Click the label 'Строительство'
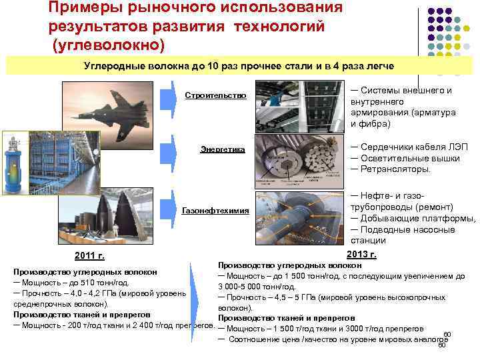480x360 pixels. (215, 95)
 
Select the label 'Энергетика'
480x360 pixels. (223, 149)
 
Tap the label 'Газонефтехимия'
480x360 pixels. (215, 211)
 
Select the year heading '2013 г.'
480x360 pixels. (361, 254)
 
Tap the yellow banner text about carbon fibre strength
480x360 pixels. (239, 67)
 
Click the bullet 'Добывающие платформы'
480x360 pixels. (413, 219)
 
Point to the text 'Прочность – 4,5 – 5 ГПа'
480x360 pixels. (269, 297)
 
